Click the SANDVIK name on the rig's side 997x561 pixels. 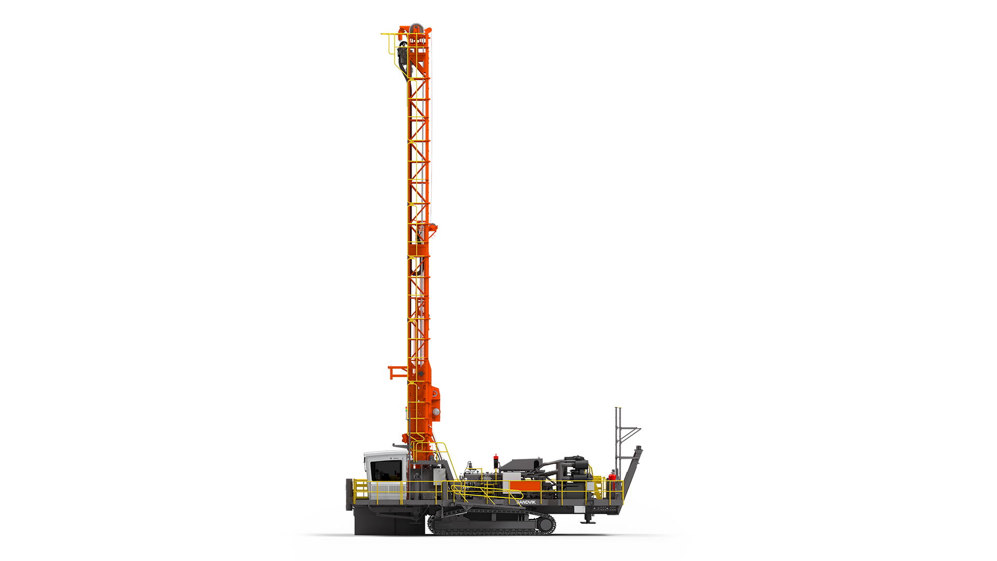pyautogui.click(x=526, y=502)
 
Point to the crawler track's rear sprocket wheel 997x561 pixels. pyautogui.click(x=545, y=525)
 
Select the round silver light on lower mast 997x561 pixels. pyautogui.click(x=436, y=412)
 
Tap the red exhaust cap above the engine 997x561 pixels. pyautogui.click(x=495, y=457)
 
